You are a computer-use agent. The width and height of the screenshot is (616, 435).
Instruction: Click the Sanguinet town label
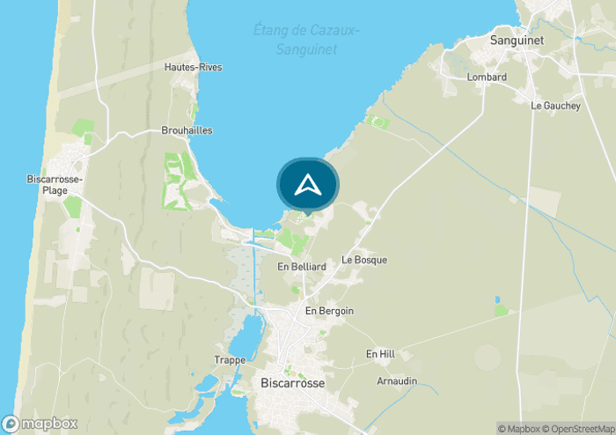tap(517, 41)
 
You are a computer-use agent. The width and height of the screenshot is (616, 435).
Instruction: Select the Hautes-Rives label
tap(193, 67)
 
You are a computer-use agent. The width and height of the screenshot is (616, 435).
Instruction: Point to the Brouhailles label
tap(187, 130)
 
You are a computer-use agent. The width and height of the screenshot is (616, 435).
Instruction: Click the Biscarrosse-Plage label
tap(55, 185)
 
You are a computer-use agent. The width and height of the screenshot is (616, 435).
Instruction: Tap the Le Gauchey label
tap(555, 106)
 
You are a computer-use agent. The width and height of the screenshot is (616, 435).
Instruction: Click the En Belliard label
tap(302, 267)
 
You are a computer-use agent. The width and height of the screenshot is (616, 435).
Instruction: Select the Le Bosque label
tap(364, 261)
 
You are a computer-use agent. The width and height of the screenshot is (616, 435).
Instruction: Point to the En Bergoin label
tap(329, 312)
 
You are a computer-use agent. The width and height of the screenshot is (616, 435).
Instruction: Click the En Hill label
tap(380, 354)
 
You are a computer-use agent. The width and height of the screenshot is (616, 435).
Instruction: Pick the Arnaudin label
tap(396, 381)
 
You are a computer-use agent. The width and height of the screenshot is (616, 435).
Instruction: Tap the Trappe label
tap(230, 359)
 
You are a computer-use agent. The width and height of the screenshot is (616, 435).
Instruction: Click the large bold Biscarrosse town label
tap(293, 384)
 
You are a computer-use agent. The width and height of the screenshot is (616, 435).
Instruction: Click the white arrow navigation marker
tap(307, 185)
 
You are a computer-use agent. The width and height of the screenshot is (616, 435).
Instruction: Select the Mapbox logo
tap(40, 424)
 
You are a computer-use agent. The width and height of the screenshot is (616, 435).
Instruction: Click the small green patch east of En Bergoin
tap(502, 310)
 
